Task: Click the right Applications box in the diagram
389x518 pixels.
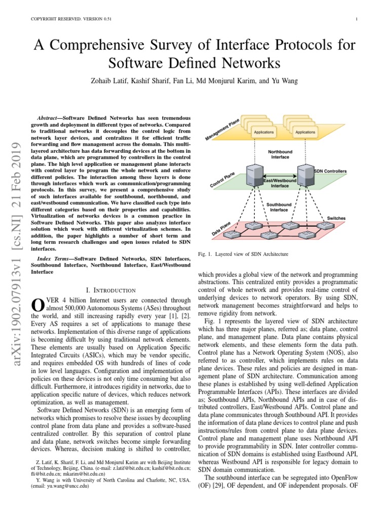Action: (x=304, y=132)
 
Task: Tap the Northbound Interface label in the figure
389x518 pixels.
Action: (x=280, y=154)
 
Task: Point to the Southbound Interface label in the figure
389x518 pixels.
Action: (x=279, y=207)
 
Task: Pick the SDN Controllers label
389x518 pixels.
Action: (x=331, y=171)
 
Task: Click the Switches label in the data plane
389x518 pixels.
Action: (x=336, y=218)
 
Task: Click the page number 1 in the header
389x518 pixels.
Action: (x=357, y=20)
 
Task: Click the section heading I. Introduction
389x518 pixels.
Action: (x=111, y=290)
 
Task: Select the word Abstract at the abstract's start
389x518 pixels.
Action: (x=50, y=117)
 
